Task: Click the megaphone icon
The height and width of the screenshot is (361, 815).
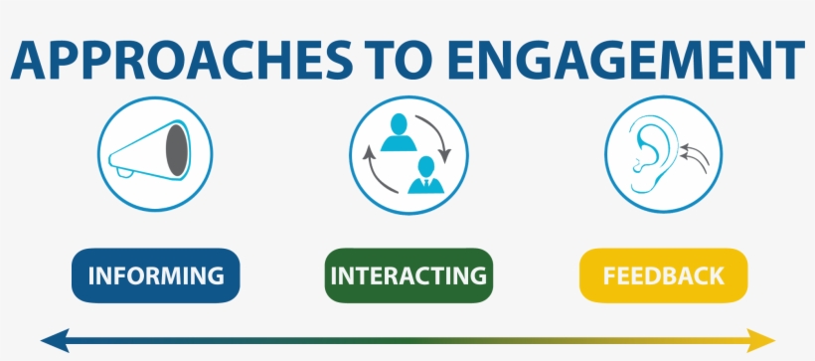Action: coord(156,154)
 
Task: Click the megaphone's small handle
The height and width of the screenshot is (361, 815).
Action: coord(122,173)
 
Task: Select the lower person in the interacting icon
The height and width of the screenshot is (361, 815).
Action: coord(425,175)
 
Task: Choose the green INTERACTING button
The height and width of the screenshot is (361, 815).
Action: coord(408,274)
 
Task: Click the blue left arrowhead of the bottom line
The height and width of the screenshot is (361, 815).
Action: coord(52,340)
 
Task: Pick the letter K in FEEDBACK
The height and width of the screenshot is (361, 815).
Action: coord(712,274)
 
